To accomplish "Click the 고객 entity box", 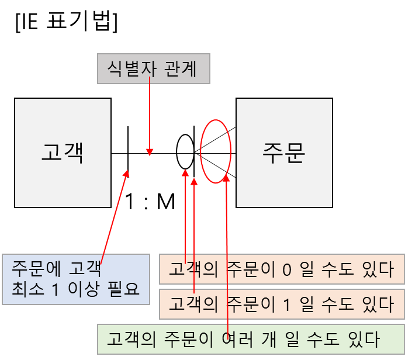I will pyautogui.click(x=63, y=153).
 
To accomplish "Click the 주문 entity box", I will pyautogui.click(x=284, y=153).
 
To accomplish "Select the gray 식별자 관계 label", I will pyautogui.click(x=153, y=70).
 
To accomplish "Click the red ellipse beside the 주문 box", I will pyautogui.click(x=216, y=151).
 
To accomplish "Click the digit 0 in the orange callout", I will pyautogui.click(x=286, y=270).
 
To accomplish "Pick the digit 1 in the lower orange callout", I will pyautogui.click(x=286, y=304).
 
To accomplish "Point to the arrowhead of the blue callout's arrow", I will pyautogui.click(x=127, y=172).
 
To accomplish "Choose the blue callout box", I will pyautogui.click(x=75, y=279).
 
